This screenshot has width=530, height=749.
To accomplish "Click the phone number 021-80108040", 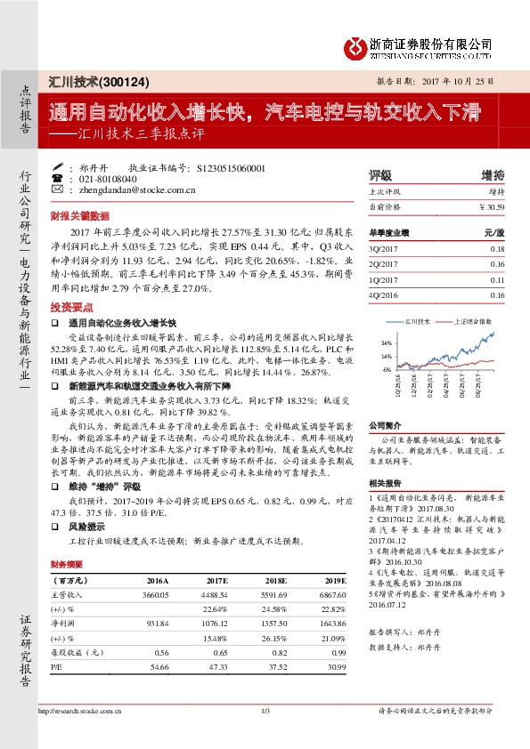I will (109, 178).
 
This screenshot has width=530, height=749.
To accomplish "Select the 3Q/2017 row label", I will (384, 250).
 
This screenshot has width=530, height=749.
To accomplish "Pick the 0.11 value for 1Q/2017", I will (497, 278).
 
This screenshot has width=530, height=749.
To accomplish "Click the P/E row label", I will (56, 665).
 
